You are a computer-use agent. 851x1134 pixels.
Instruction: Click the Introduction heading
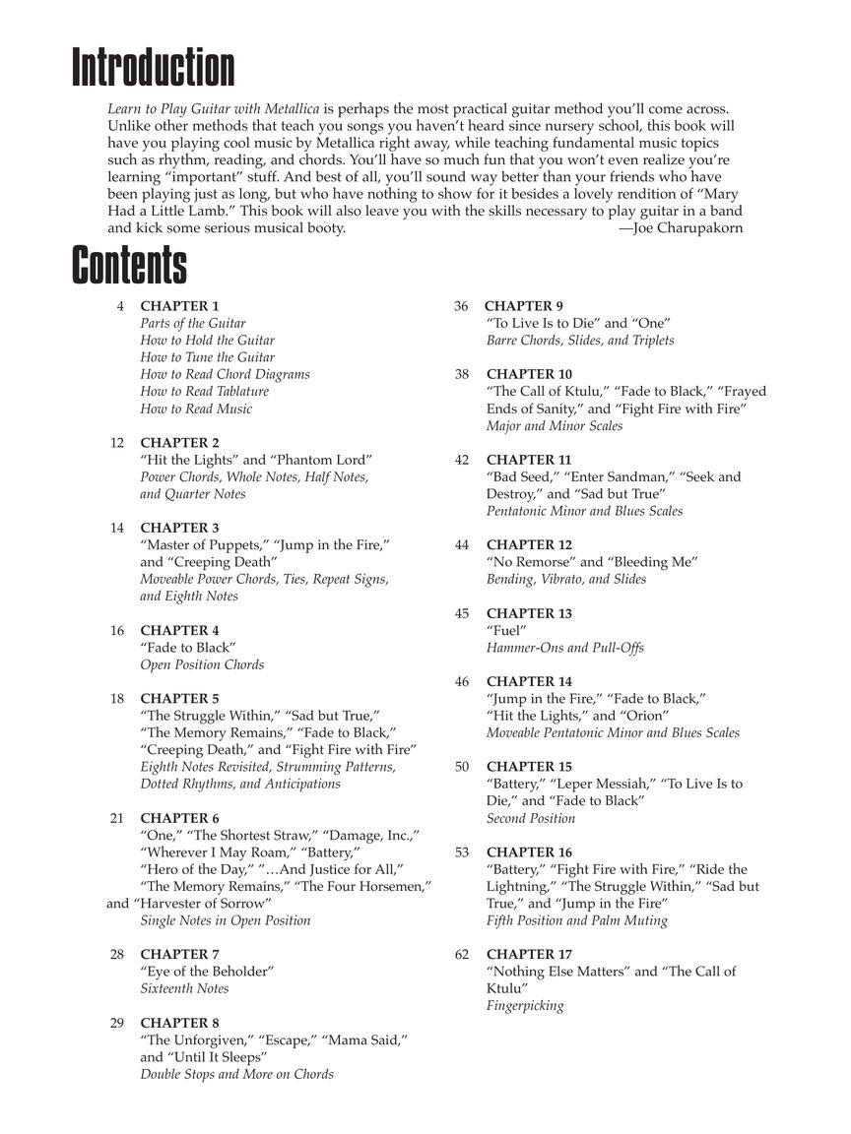[x=154, y=69]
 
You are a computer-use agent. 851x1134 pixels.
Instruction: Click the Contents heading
[x=129, y=265]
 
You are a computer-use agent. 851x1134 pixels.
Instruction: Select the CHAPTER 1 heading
[x=179, y=306]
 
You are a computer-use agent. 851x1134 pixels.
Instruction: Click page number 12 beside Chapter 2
[x=117, y=443]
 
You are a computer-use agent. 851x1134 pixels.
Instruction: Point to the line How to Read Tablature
[x=204, y=392]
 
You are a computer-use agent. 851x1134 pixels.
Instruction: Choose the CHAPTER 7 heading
[x=179, y=955]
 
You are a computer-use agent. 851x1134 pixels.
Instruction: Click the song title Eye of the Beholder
[x=207, y=972]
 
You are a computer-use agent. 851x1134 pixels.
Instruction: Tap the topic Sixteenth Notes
[x=184, y=989]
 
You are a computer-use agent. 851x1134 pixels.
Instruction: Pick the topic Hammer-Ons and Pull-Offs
[x=564, y=648]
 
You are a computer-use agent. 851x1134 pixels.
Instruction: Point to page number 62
[x=462, y=955]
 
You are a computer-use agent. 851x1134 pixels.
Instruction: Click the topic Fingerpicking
[x=525, y=1006]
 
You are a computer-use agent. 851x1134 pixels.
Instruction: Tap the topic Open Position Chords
[x=202, y=665]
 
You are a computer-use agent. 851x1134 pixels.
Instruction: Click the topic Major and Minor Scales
[x=554, y=426]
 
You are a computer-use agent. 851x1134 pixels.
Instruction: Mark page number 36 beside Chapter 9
[x=461, y=306]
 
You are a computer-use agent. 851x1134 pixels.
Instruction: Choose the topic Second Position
[x=530, y=819]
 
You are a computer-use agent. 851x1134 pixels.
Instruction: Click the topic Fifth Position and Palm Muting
[x=576, y=921]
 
